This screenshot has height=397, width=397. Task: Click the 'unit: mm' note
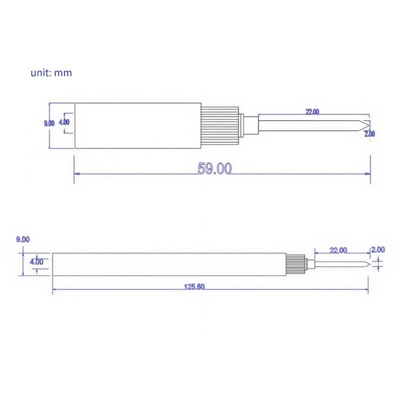(51, 73)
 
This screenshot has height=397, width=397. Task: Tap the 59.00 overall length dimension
(214, 169)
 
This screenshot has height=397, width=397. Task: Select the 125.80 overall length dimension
(194, 287)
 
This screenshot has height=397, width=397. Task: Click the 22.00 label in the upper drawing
(312, 111)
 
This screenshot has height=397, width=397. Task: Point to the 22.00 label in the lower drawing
(338, 250)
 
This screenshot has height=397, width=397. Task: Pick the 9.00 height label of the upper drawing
(49, 123)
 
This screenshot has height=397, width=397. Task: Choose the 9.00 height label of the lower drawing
(23, 239)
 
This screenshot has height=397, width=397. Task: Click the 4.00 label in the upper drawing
(64, 122)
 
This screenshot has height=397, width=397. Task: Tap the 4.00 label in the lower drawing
(37, 262)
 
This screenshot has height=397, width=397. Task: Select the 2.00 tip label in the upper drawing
(370, 133)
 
